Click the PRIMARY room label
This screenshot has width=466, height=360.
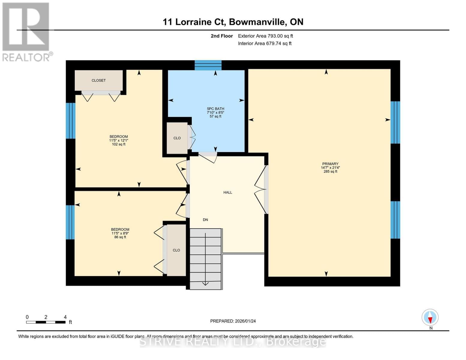pyautogui.click(x=330, y=164)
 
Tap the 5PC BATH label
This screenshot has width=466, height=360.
pyautogui.click(x=215, y=109)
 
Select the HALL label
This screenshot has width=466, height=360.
pyautogui.click(x=227, y=192)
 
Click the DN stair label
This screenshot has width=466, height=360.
pyautogui.click(x=205, y=220)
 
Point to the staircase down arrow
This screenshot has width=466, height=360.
pyautogui.click(x=206, y=283)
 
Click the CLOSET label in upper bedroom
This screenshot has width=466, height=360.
pyautogui.click(x=98, y=80)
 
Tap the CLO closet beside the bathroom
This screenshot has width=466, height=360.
pyautogui.click(x=177, y=138)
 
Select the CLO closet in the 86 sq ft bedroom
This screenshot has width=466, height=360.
pyautogui.click(x=176, y=250)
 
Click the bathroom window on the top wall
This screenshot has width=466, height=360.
pyautogui.click(x=208, y=65)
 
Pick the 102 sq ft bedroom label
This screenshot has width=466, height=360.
pyautogui.click(x=119, y=137)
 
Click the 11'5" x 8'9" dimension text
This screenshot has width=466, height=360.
pyautogui.click(x=120, y=233)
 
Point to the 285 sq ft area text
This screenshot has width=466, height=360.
pyautogui.click(x=330, y=172)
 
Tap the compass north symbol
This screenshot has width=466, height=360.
pyautogui.click(x=430, y=317)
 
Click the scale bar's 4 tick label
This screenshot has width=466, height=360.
pyautogui.click(x=65, y=317)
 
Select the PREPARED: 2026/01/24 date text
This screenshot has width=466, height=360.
pyautogui.click(x=233, y=321)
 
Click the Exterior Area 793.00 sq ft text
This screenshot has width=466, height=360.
pyautogui.click(x=265, y=36)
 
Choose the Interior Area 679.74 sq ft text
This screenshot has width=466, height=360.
pyautogui.click(x=265, y=43)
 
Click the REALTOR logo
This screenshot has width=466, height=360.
pyautogui.click(x=26, y=31)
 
